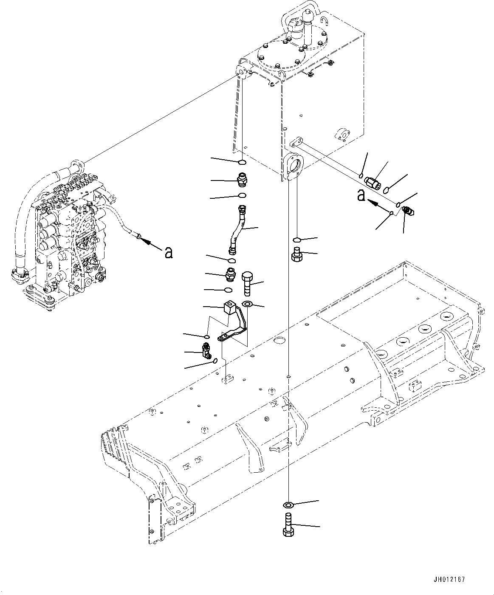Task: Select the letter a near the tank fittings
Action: (x=361, y=195)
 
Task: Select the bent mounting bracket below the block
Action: (x=234, y=327)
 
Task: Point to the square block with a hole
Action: (x=229, y=307)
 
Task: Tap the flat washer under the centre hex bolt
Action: (x=247, y=304)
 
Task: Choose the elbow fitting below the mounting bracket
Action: (x=208, y=351)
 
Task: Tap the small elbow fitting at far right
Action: (x=410, y=210)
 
